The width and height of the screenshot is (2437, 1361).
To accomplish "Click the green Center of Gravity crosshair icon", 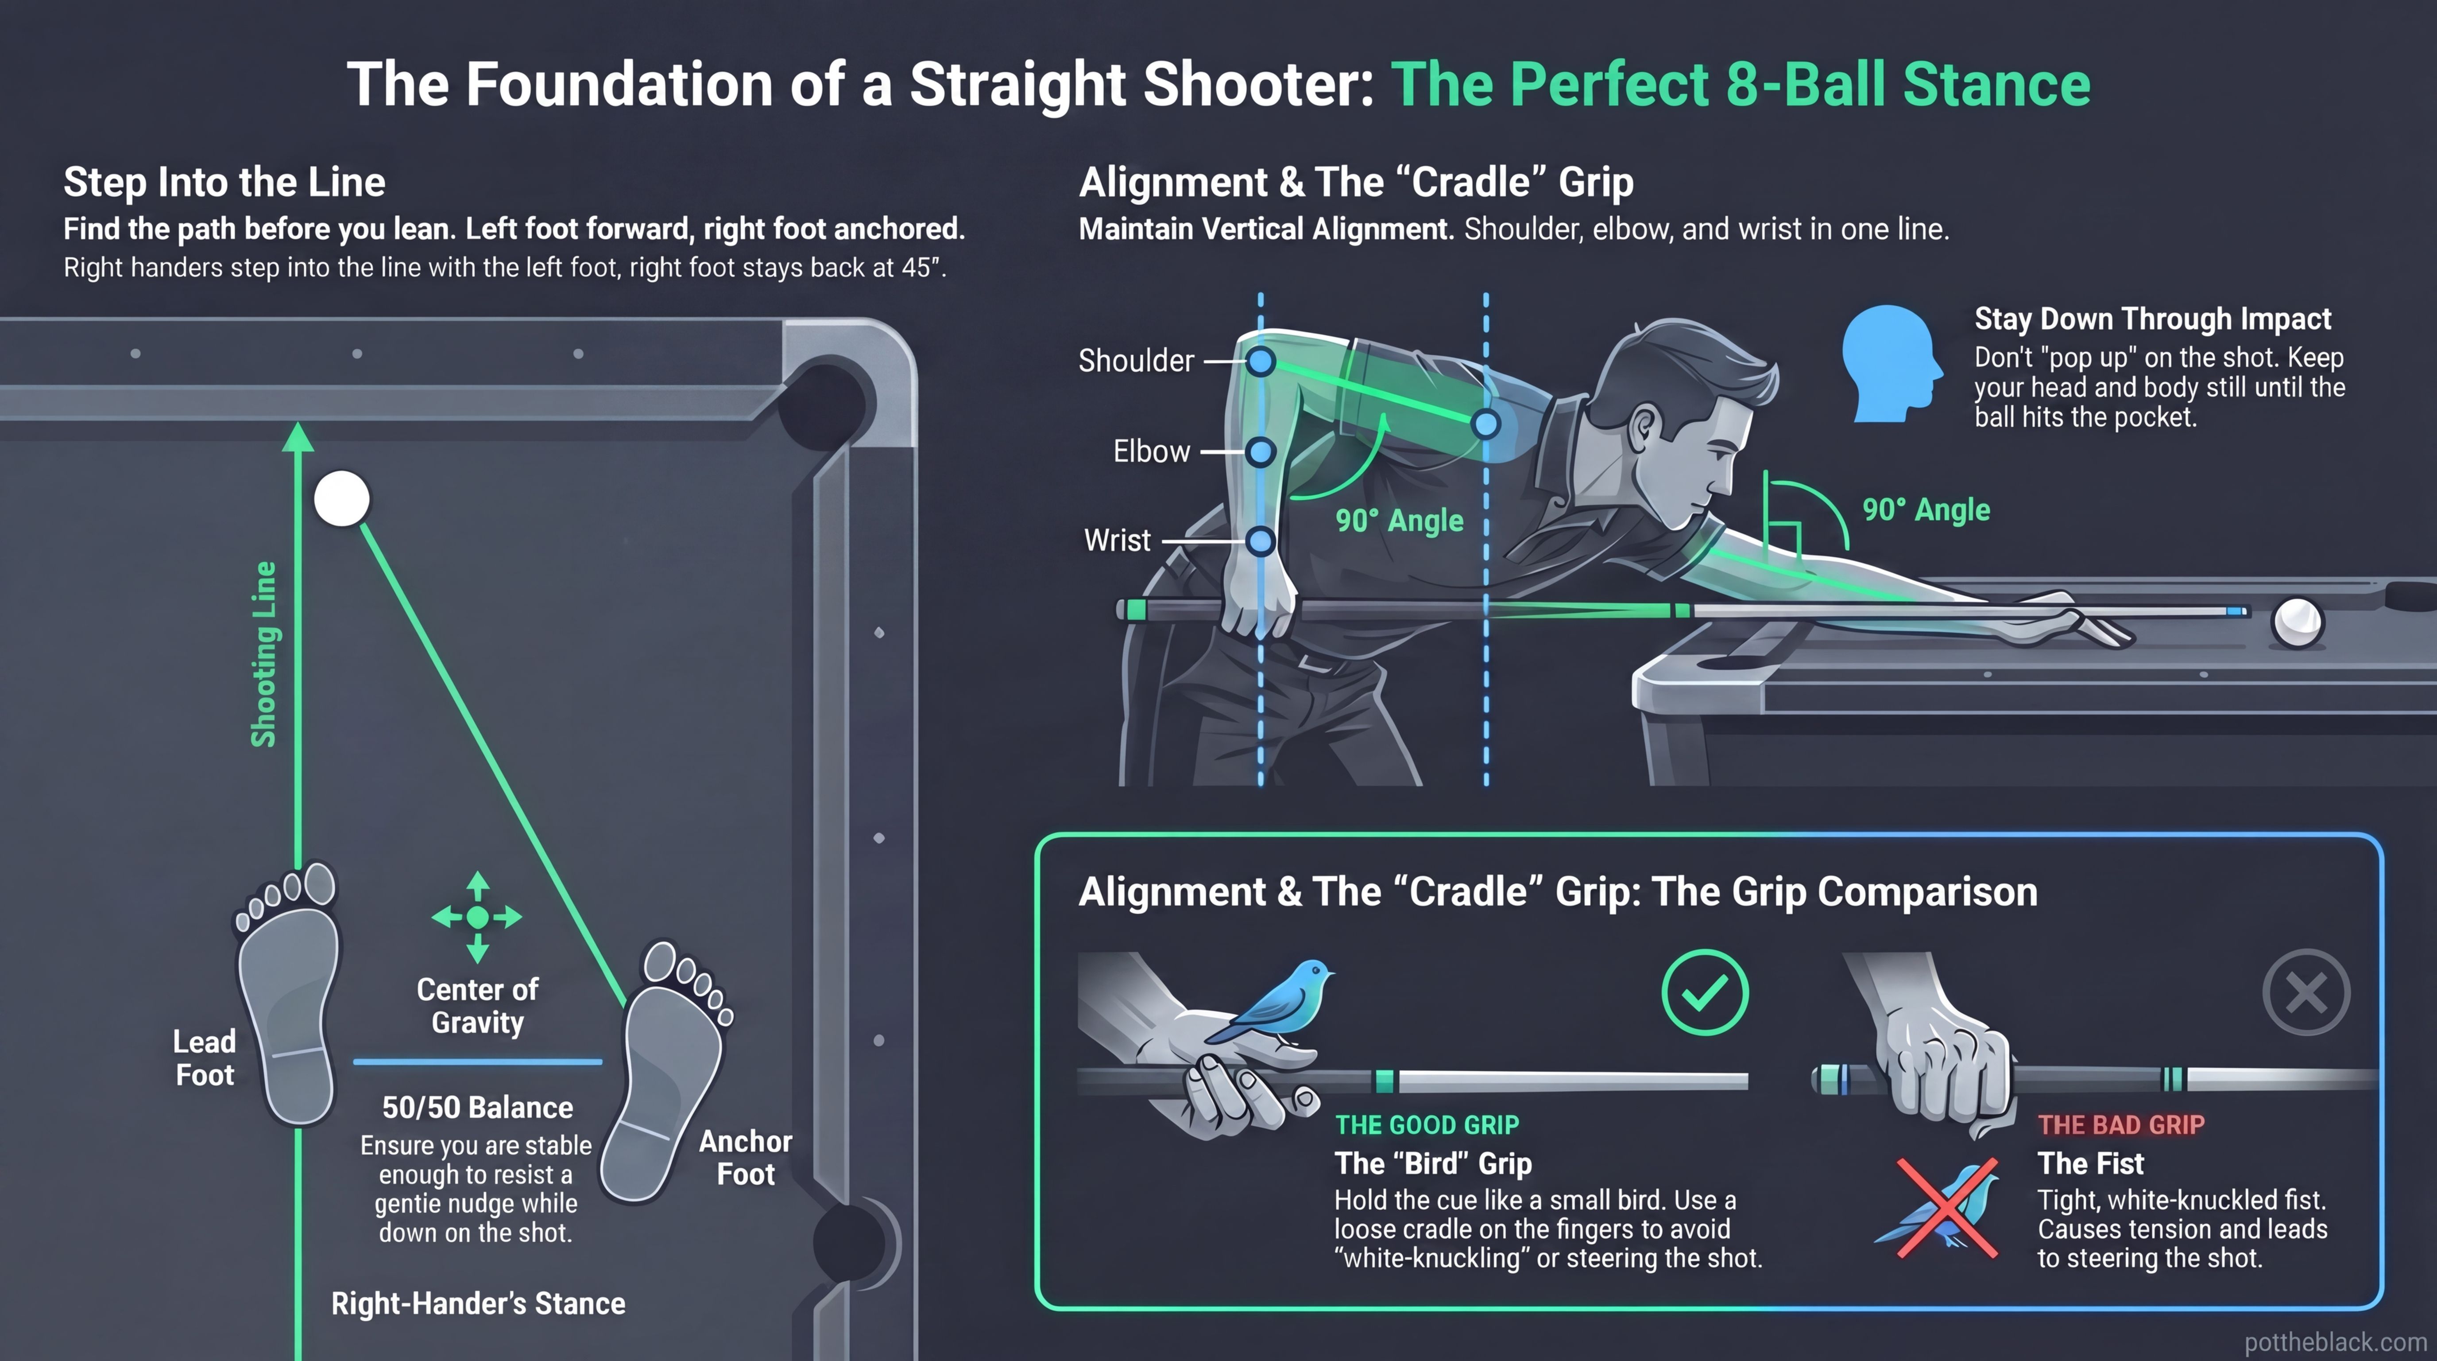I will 478,916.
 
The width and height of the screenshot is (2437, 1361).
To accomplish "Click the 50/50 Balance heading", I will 478,1107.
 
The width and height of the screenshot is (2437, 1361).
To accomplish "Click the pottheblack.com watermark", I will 2335,1342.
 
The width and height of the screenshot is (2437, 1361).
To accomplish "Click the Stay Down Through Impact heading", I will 2152,319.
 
